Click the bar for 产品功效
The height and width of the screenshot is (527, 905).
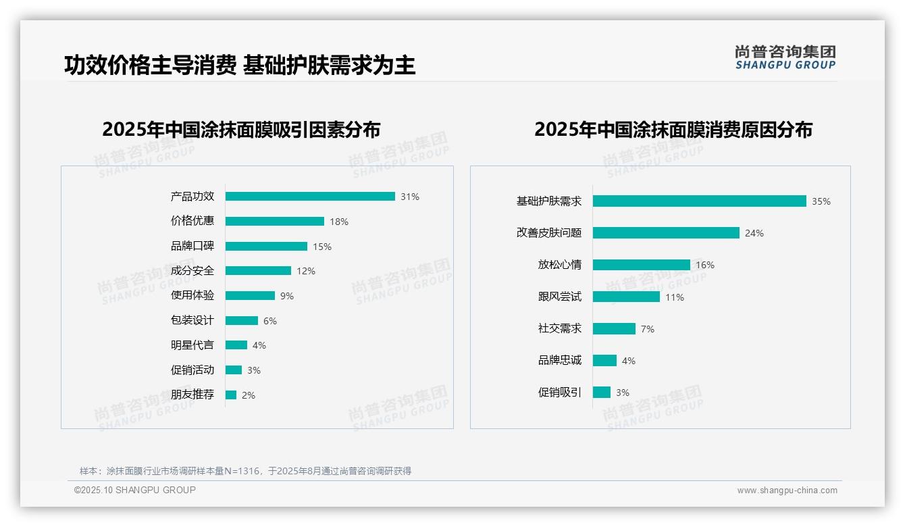pos(310,197)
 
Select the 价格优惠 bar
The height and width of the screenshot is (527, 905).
pos(275,221)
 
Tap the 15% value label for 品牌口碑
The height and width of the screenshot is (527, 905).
pos(322,247)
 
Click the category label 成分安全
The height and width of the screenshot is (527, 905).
pos(192,271)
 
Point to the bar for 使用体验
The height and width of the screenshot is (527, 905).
pos(250,296)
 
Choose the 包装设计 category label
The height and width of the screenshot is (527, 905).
pos(192,320)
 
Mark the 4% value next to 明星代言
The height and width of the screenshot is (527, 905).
pos(259,345)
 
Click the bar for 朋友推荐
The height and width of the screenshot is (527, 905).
pos(231,395)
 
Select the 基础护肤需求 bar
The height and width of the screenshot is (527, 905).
pos(700,201)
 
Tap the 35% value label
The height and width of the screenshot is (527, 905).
pos(821,201)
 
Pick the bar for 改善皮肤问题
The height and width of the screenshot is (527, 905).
pos(666,233)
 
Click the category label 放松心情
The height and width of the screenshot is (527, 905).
pos(560,265)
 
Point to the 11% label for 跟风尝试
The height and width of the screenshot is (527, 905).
pos(675,297)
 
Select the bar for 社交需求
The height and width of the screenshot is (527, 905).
pos(614,328)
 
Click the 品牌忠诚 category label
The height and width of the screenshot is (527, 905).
pos(560,360)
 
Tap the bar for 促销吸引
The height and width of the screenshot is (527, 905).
pos(602,393)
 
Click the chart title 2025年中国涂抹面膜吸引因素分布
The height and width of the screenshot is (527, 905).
pos(241,129)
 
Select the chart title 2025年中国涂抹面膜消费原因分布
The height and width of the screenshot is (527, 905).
pos(673,129)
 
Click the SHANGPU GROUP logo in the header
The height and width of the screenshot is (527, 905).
pos(785,57)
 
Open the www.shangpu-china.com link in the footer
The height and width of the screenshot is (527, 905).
pos(787,491)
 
